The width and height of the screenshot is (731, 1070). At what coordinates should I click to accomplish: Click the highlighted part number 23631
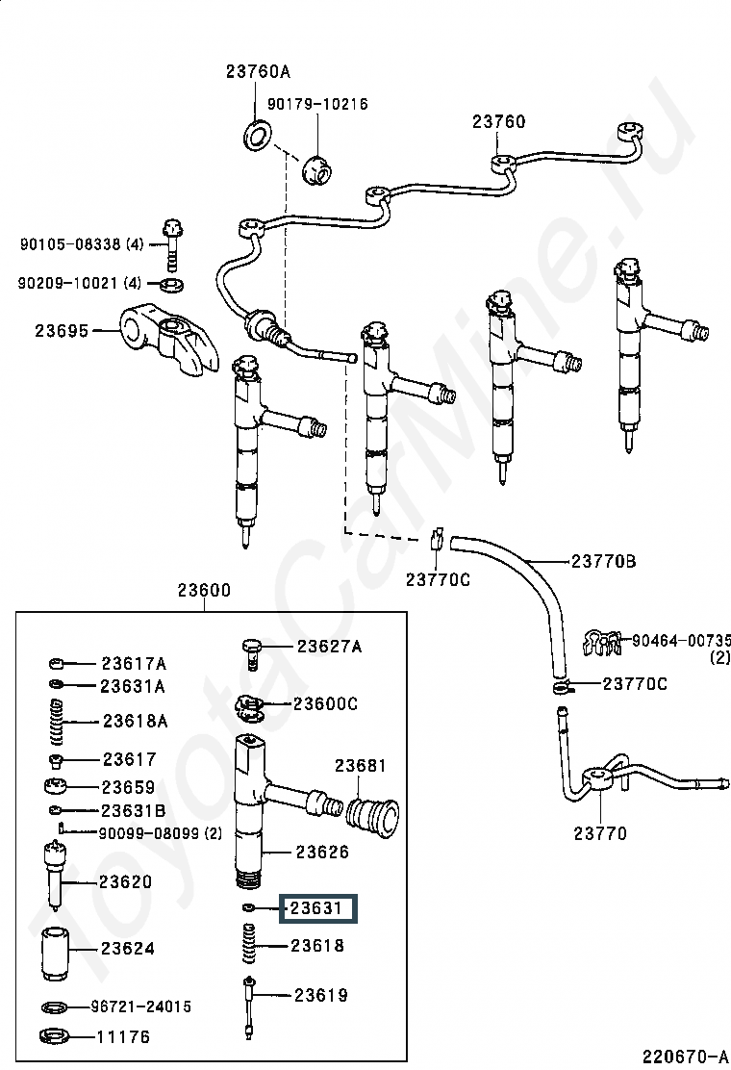(x=317, y=908)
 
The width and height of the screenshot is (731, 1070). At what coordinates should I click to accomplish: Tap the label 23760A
(x=258, y=71)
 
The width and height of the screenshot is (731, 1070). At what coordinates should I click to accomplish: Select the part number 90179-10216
(x=317, y=104)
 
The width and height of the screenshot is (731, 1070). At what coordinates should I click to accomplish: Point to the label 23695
(x=62, y=330)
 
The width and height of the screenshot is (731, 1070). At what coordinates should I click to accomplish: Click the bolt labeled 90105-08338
(x=174, y=243)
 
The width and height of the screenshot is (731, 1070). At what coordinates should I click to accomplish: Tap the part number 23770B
(x=603, y=561)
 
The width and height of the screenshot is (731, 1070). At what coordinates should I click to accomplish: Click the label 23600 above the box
(x=203, y=591)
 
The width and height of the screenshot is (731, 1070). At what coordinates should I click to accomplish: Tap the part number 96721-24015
(x=141, y=1006)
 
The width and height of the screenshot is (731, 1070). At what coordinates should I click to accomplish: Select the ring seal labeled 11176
(x=57, y=1038)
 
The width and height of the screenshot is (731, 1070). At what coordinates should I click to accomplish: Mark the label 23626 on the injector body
(x=322, y=852)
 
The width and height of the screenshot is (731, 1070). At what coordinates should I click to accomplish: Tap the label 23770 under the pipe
(x=600, y=833)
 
